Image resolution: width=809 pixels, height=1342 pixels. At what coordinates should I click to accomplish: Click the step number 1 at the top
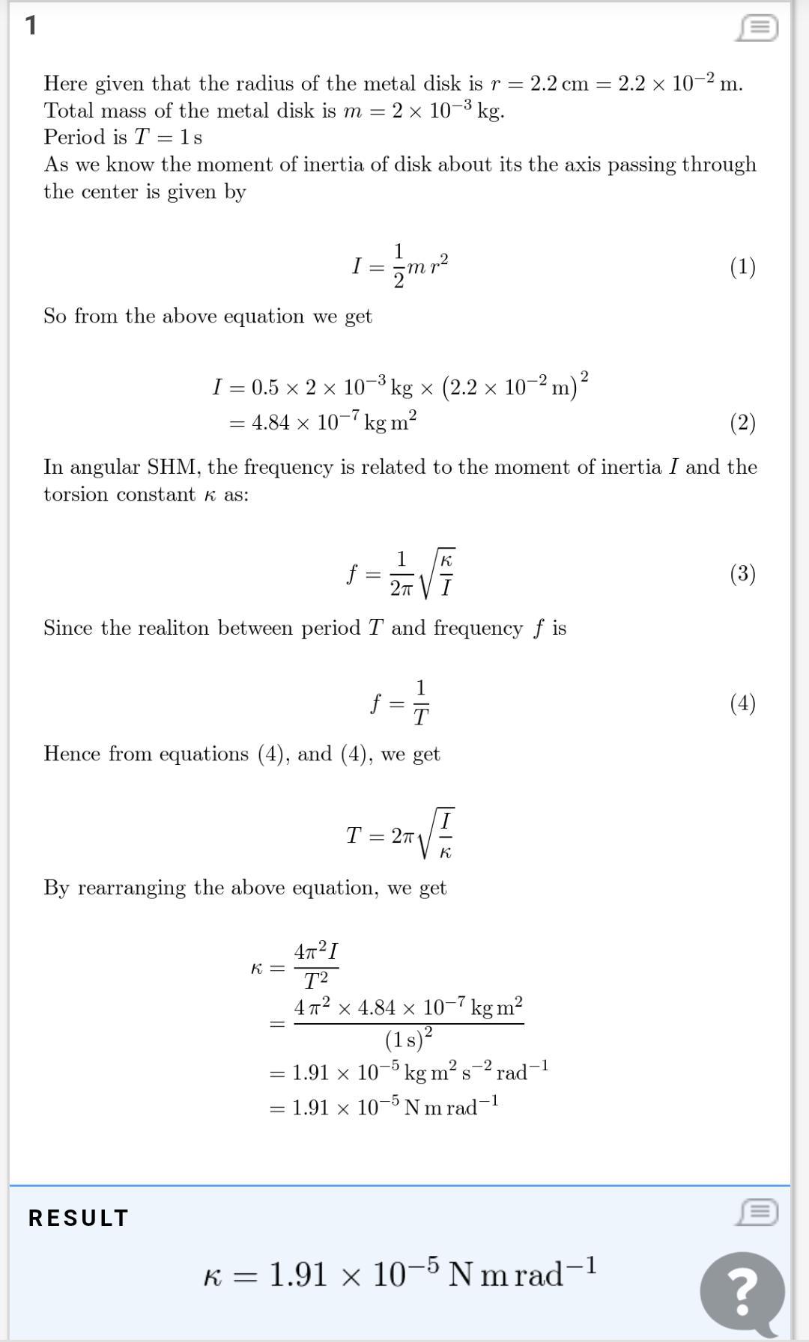pos(31,26)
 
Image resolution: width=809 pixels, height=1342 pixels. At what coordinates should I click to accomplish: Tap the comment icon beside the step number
pos(757,28)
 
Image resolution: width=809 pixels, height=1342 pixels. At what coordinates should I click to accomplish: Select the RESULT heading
pos(79,1218)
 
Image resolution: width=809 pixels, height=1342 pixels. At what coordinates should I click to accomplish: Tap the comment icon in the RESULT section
pos(757,1212)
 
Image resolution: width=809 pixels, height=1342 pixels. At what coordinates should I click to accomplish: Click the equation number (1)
pos(742,267)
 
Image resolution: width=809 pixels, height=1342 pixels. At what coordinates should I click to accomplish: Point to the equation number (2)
pos(742,423)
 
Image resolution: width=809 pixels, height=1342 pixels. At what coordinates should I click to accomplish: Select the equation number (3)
pos(742,574)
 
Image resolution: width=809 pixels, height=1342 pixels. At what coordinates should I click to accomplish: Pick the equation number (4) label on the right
pos(742,703)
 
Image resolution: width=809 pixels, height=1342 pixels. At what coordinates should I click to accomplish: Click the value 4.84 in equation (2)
pos(270,423)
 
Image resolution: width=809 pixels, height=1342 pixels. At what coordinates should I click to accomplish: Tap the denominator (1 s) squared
pos(408,1039)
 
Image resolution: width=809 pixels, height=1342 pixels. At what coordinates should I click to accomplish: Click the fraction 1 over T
pos(420,703)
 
